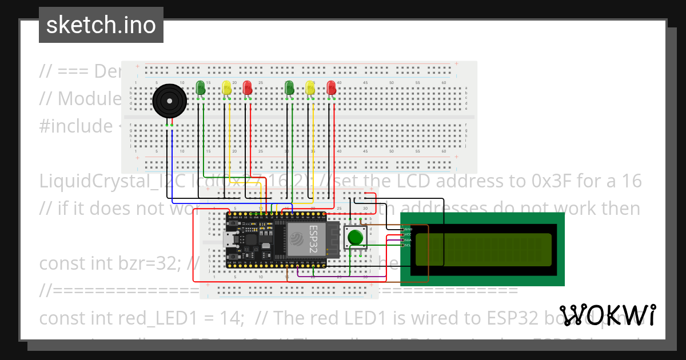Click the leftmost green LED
click(200, 87)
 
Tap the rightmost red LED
click(331, 87)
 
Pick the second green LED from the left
click(289, 87)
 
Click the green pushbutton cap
click(356, 237)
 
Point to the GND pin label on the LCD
click(408, 229)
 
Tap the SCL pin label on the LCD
click(408, 245)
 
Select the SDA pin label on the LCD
click(408, 239)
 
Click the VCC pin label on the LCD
click(408, 234)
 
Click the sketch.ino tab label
click(101, 25)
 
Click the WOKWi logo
click(607, 315)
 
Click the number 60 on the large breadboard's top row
click(444, 83)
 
